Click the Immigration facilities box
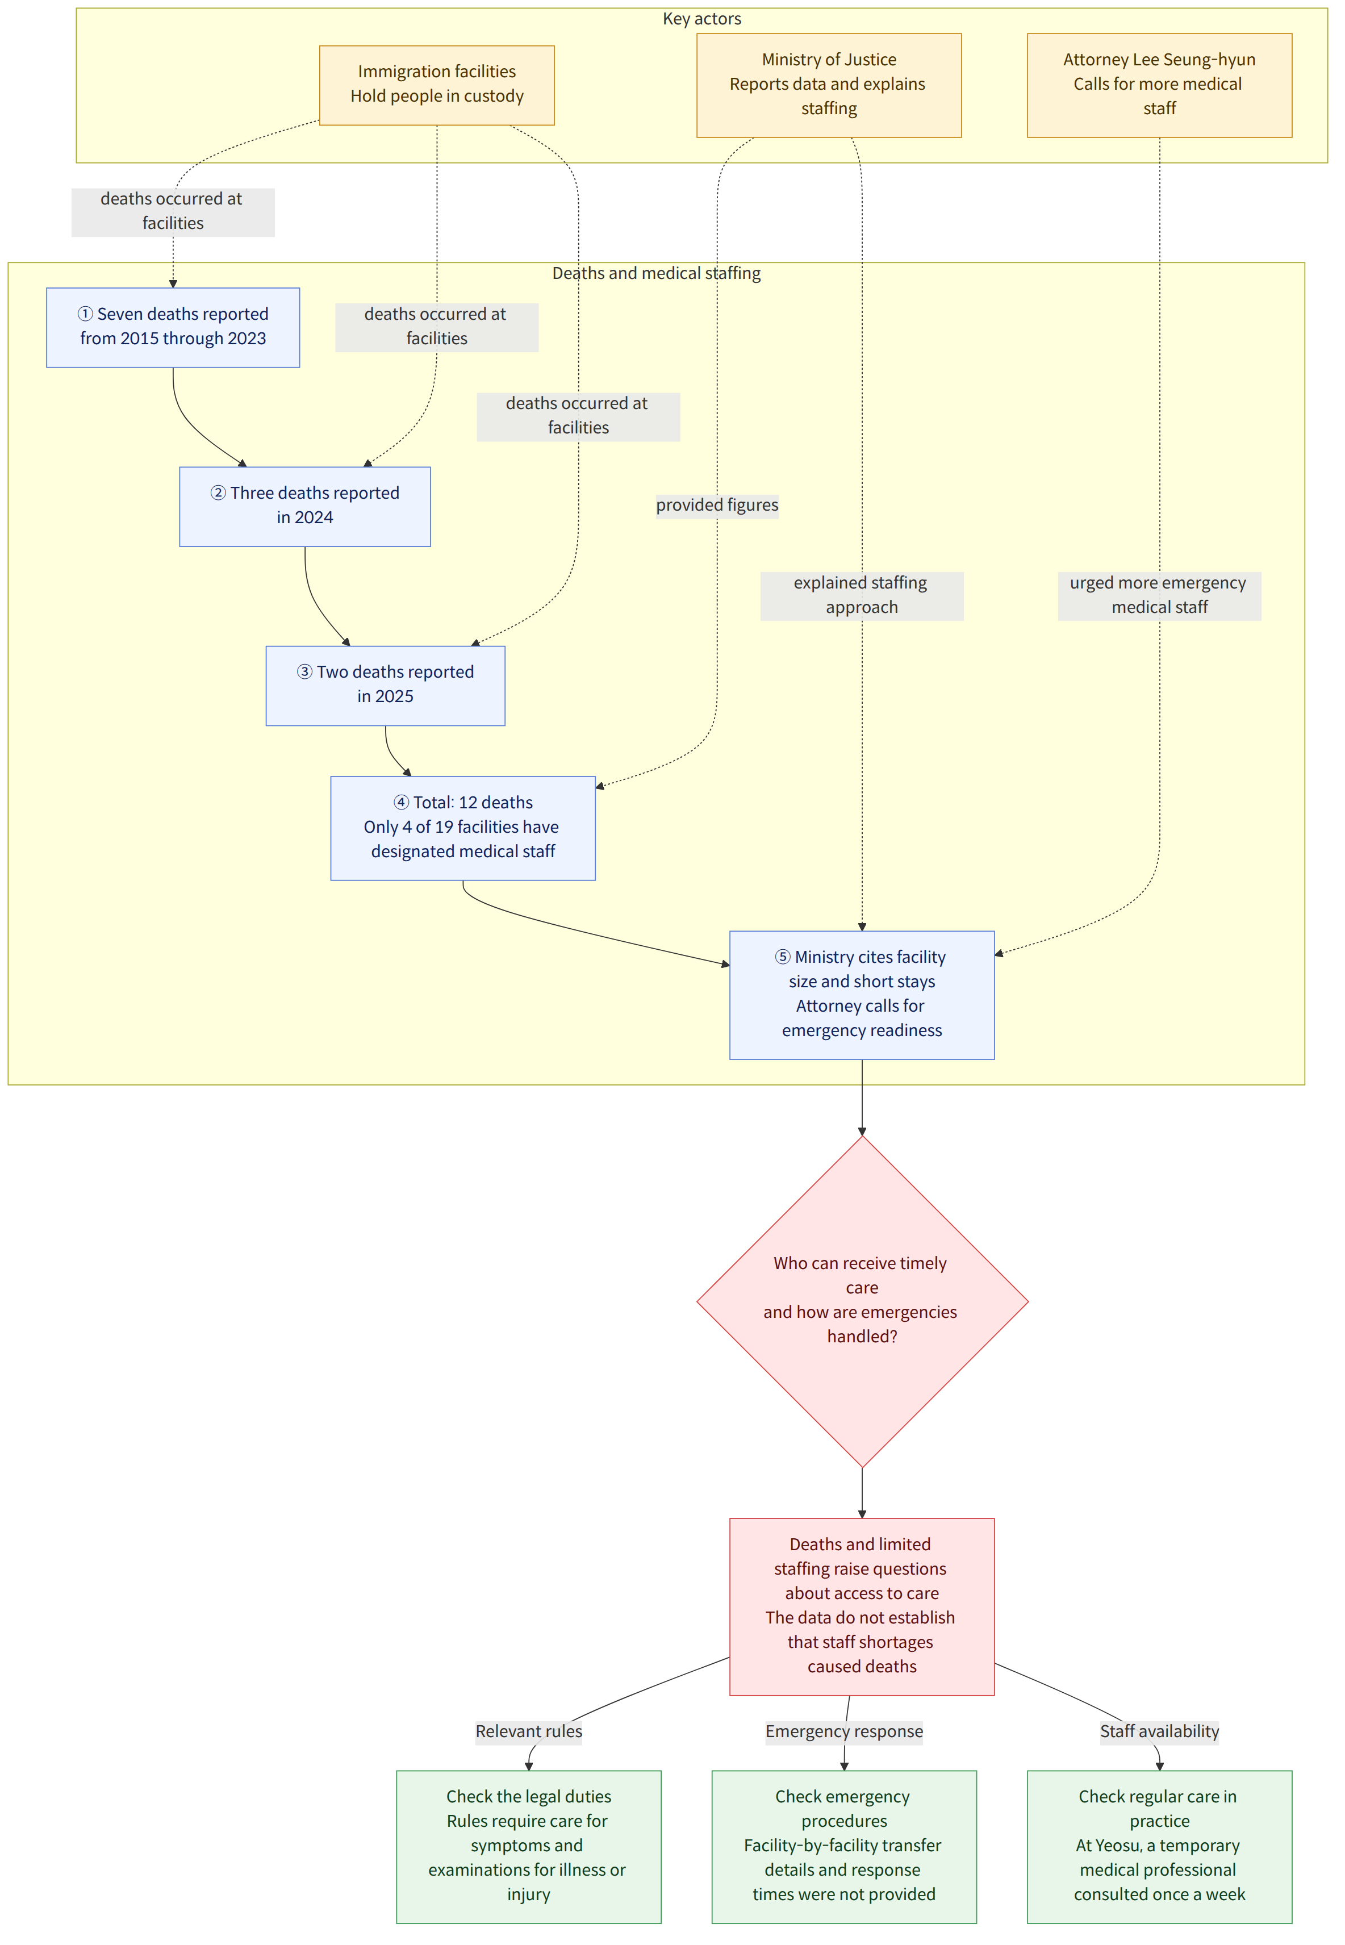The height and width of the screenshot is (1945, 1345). tap(437, 85)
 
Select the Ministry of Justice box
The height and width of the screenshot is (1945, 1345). tap(828, 85)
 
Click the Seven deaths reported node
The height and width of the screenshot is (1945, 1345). tap(173, 327)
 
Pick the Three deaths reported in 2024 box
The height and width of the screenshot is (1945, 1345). tap(304, 507)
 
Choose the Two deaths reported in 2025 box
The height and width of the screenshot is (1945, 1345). tap(385, 685)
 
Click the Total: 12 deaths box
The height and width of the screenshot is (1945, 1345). tap(463, 828)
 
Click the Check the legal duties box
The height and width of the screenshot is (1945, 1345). tap(528, 1846)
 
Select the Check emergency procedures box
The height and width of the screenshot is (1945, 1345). tap(843, 1846)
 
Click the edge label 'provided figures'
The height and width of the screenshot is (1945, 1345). tap(717, 505)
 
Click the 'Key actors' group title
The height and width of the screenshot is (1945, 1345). tap(702, 19)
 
